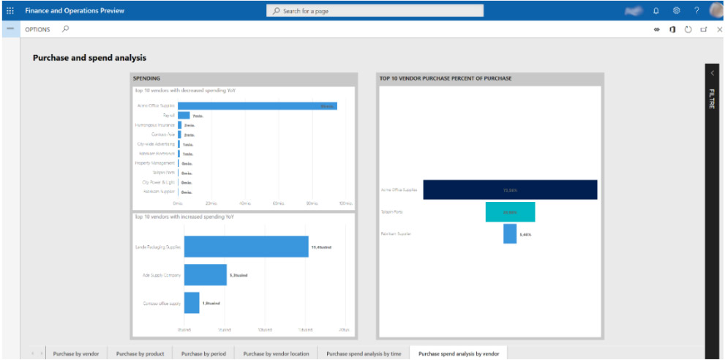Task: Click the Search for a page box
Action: point(375,11)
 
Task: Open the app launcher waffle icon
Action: point(10,11)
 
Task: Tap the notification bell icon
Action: point(656,11)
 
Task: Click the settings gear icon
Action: point(677,11)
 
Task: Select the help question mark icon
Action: point(696,11)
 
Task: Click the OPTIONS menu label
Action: point(37,29)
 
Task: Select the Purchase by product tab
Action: point(140,353)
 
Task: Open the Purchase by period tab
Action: point(203,353)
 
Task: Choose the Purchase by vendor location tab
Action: point(276,353)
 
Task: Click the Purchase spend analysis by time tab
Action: point(364,353)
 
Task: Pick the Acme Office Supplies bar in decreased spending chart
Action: point(257,106)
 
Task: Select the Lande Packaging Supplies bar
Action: point(246,247)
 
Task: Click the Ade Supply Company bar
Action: point(205,275)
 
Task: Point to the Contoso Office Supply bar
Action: point(192,303)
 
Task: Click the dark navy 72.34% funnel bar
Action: point(510,190)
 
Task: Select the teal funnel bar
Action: point(510,212)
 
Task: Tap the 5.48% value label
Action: point(525,235)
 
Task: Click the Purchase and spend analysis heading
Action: point(89,58)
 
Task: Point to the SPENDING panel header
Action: point(146,78)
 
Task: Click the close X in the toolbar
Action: point(720,29)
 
